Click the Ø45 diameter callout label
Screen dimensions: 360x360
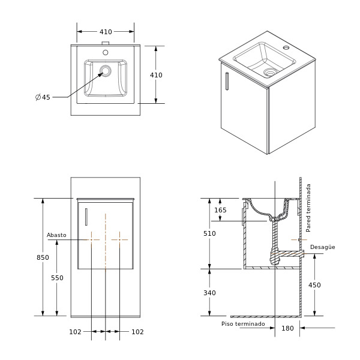click(x=43, y=97)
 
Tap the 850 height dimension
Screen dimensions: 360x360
click(x=43, y=257)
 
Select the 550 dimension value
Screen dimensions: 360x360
click(x=57, y=278)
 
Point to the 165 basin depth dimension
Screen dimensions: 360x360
click(x=220, y=210)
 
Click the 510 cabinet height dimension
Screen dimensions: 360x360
click(x=209, y=233)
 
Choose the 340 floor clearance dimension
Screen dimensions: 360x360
click(x=209, y=293)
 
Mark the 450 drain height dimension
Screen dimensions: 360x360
click(x=314, y=285)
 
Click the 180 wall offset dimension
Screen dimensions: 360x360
click(x=287, y=328)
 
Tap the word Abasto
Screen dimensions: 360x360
click(x=56, y=235)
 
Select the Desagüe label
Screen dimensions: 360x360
click(x=322, y=247)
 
